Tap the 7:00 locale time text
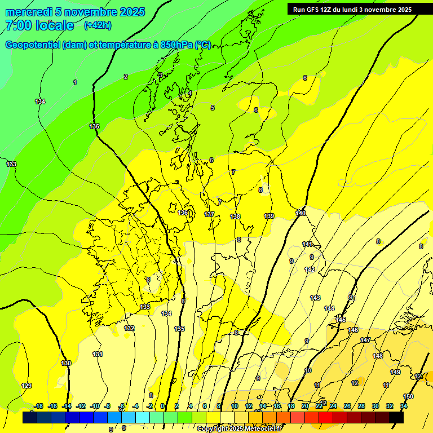(x=39, y=25)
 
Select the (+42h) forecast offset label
(x=98, y=25)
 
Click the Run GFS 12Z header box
(x=352, y=9)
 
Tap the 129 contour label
(x=26, y=386)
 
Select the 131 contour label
(x=98, y=354)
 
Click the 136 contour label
(x=183, y=213)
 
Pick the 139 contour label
(x=269, y=216)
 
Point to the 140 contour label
(x=301, y=213)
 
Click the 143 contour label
(x=315, y=298)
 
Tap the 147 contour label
(x=365, y=340)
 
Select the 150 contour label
(x=408, y=396)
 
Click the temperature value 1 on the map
(x=75, y=82)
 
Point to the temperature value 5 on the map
(x=213, y=108)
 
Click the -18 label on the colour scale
(x=38, y=406)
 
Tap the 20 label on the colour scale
(x=305, y=406)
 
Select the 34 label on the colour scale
(x=404, y=406)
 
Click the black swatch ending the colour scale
(x=396, y=417)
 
